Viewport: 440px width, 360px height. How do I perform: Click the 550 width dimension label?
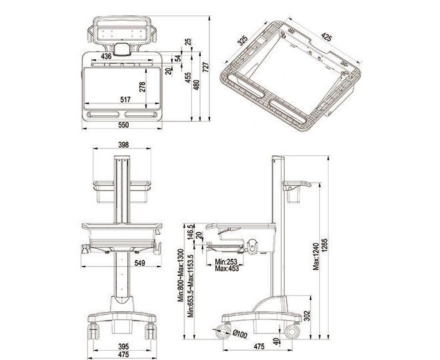[123, 125]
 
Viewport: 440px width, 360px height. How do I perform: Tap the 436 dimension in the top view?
[106, 57]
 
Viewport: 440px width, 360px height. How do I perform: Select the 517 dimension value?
[125, 99]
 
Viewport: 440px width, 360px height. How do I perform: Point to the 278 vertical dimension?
[142, 87]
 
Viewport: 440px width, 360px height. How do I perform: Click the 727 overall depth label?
[206, 67]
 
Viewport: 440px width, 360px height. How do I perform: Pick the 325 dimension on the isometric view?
[243, 41]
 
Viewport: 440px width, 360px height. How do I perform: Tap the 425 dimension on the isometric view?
[326, 37]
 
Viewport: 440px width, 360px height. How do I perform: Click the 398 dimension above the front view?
[123, 145]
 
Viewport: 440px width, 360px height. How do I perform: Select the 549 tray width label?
[140, 263]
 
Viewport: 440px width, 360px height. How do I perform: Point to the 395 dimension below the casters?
[123, 346]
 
